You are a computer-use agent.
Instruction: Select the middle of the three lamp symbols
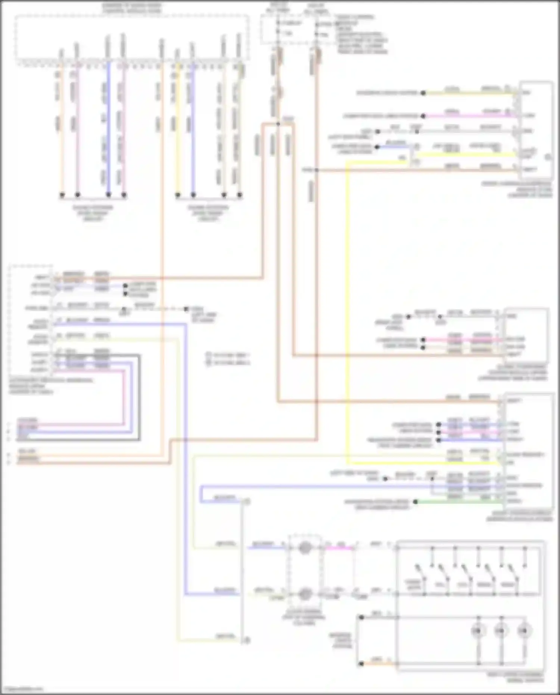[501, 631]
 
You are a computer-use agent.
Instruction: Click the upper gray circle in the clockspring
[305, 548]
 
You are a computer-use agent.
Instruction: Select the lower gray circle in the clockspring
[305, 593]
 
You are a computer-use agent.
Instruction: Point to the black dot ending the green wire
[416, 502]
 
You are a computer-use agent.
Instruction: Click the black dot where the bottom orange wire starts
[361, 664]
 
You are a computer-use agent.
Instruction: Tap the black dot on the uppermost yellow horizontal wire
[423, 93]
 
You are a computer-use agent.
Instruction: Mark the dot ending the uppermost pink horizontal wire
[423, 116]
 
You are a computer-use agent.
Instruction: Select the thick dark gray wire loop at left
[139, 396]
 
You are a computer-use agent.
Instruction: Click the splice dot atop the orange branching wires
[278, 124]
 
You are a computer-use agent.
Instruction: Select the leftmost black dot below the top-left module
[62, 195]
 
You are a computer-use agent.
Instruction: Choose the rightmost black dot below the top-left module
[240, 195]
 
